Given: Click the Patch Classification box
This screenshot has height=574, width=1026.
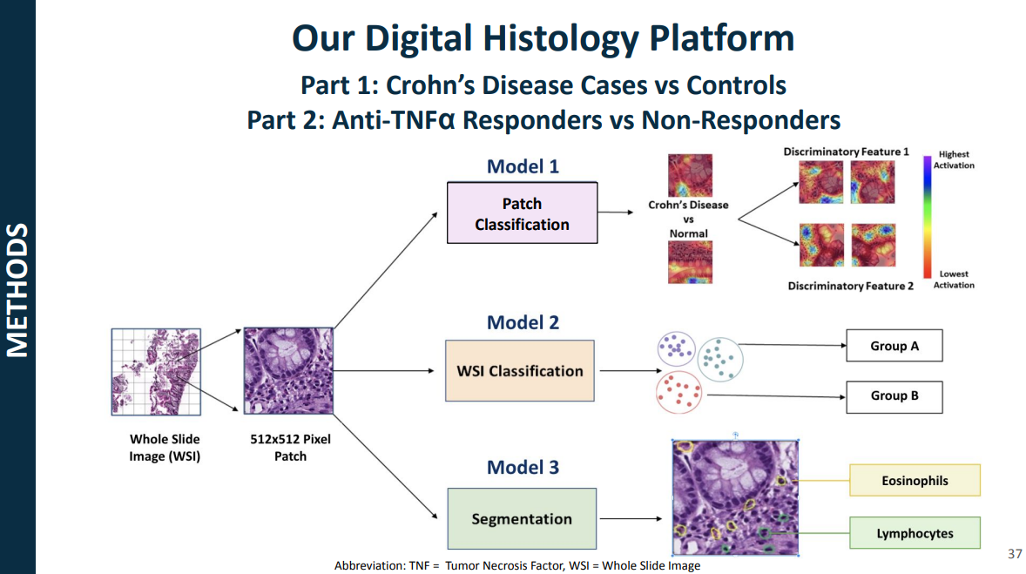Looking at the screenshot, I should (x=522, y=213).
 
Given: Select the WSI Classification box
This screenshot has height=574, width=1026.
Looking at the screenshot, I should (x=519, y=371).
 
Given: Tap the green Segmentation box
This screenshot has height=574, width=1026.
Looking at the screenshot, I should (x=522, y=519).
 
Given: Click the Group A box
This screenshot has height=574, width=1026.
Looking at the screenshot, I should (x=894, y=346).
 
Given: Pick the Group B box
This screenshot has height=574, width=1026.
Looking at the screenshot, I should (x=894, y=396).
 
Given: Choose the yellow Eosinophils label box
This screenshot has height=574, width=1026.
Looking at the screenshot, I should (x=915, y=481).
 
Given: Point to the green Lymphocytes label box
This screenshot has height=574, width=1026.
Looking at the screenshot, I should (x=915, y=533).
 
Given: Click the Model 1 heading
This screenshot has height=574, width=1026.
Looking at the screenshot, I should (x=523, y=166).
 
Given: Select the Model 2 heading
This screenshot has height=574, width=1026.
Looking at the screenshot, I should (x=523, y=322).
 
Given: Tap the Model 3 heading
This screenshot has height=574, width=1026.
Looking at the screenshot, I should (x=523, y=467).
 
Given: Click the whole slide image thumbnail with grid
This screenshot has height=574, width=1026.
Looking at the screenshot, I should (x=156, y=371).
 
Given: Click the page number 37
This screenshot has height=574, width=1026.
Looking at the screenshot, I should (x=1014, y=554).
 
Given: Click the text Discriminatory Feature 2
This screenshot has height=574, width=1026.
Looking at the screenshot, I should (x=850, y=286).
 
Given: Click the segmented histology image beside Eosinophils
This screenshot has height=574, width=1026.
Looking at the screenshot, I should (x=735, y=496).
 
